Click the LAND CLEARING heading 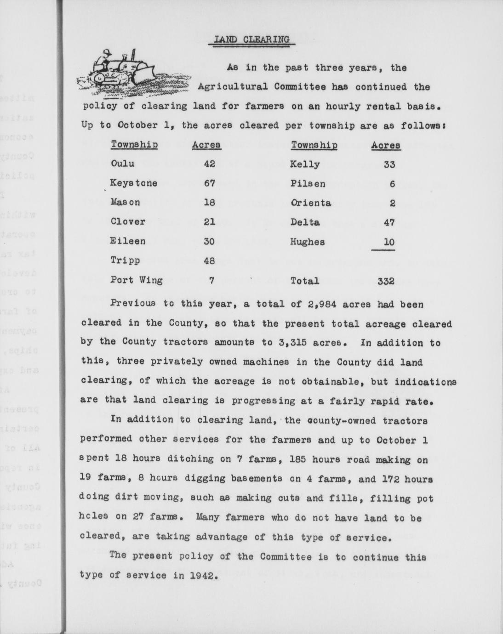(251, 39)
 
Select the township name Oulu (122, 164)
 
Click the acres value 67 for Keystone (210, 183)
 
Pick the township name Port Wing (137, 280)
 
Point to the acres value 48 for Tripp (210, 260)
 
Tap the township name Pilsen (308, 183)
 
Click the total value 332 (386, 281)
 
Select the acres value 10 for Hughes (389, 242)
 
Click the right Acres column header (386, 145)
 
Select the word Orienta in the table (310, 203)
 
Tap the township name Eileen (128, 241)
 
